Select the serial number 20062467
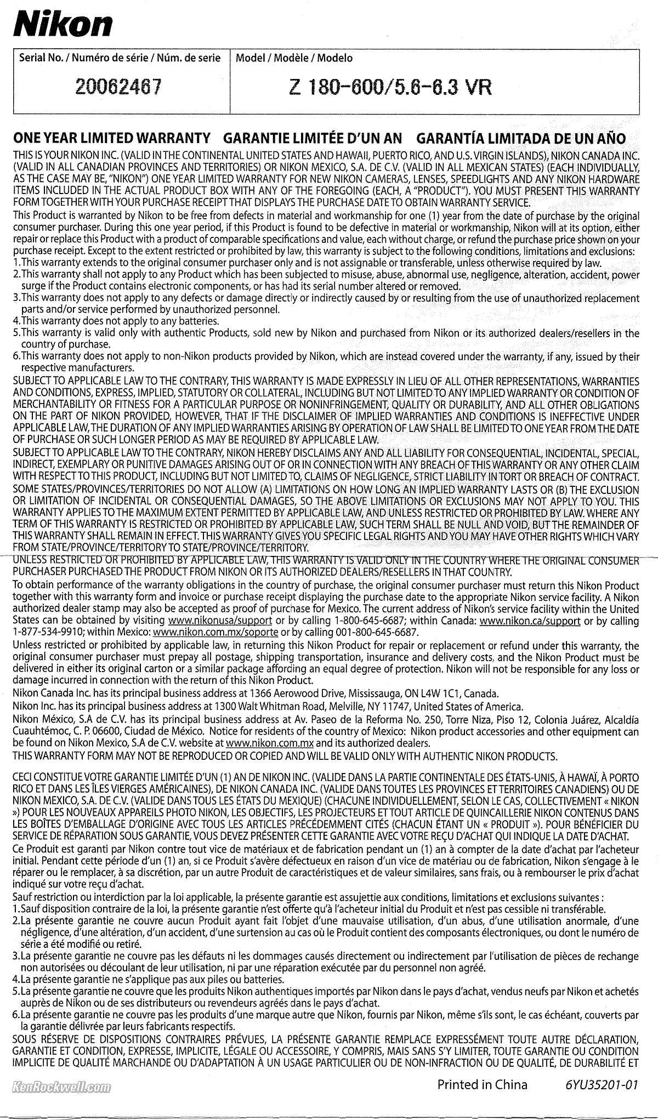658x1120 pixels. (x=119, y=87)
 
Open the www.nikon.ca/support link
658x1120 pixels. (x=530, y=621)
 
